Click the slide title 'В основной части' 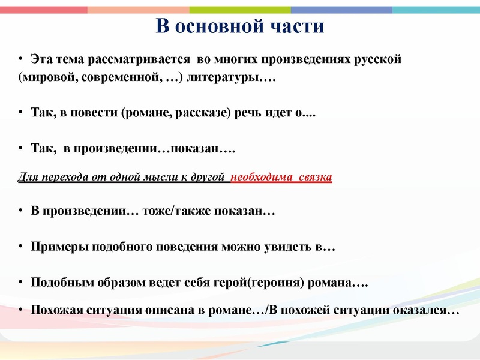click(x=239, y=28)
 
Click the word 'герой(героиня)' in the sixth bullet click(x=264, y=283)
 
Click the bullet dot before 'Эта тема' click(x=20, y=60)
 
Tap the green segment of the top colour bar click(x=240, y=10)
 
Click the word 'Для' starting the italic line click(x=27, y=178)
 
